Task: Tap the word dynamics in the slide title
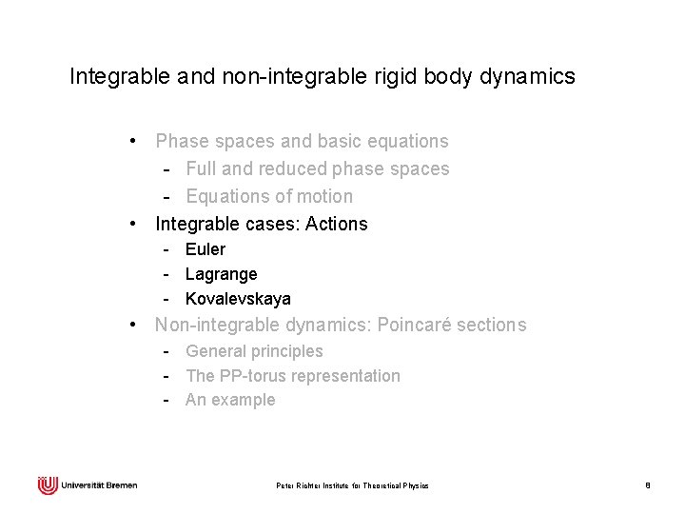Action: [531, 76]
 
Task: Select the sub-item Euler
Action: [205, 249]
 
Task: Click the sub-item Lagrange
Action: [221, 274]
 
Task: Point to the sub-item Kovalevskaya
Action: [238, 299]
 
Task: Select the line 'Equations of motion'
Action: [269, 197]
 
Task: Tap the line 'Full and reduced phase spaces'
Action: [318, 169]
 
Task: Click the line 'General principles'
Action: [254, 351]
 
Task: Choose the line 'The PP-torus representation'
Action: [293, 376]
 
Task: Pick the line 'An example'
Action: [230, 400]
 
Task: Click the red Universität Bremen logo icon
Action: [48, 485]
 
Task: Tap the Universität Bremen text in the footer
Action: [99, 485]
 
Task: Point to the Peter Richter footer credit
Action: [352, 486]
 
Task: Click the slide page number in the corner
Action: [647, 486]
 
